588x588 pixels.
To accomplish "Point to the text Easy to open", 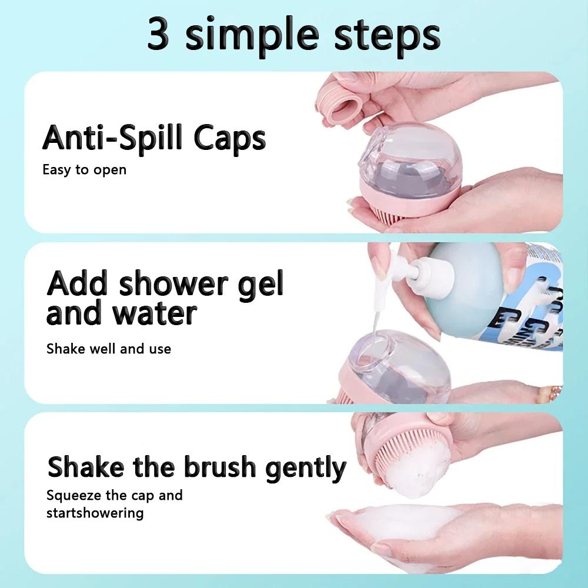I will [x=84, y=170].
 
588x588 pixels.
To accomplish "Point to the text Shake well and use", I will [x=108, y=349].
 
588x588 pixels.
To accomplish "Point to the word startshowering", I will [x=95, y=513].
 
